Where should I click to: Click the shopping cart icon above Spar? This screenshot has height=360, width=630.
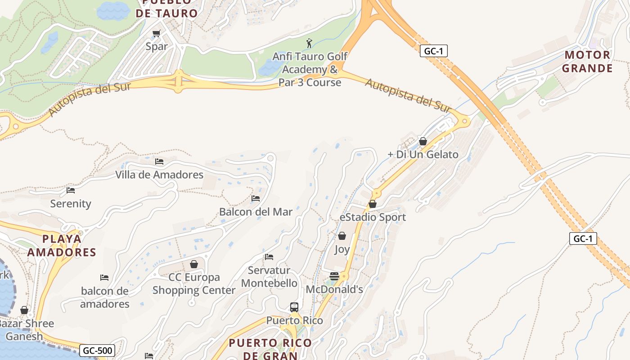tap(156, 33)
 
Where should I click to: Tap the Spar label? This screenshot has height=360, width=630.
tap(157, 46)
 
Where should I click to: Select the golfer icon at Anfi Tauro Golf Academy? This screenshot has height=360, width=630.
tap(309, 44)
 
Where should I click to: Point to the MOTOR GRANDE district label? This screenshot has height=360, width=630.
tap(588, 62)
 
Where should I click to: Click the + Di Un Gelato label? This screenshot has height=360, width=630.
tap(423, 154)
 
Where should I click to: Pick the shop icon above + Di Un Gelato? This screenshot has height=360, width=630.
tap(423, 141)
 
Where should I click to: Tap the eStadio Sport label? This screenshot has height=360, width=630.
tap(373, 217)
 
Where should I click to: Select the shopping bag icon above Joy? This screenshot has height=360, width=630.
tap(342, 236)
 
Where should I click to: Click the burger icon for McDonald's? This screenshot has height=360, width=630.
tap(334, 276)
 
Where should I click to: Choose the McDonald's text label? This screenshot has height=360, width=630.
tap(334, 289)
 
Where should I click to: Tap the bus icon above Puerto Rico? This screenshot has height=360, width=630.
tap(294, 307)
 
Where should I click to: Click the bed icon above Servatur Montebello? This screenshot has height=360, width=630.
tap(269, 257)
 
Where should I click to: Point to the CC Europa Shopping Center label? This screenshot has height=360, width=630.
tap(193, 283)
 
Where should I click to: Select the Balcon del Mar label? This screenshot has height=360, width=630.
tap(256, 211)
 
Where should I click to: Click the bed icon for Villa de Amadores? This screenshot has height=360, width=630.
tap(159, 161)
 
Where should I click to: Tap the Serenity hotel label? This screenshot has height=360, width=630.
tap(71, 203)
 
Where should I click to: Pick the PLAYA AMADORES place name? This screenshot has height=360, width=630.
tap(62, 245)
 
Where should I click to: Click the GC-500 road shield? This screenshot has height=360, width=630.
tap(97, 350)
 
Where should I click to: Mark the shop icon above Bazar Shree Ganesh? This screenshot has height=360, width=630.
tap(24, 310)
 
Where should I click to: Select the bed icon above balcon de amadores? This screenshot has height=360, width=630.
tap(104, 278)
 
